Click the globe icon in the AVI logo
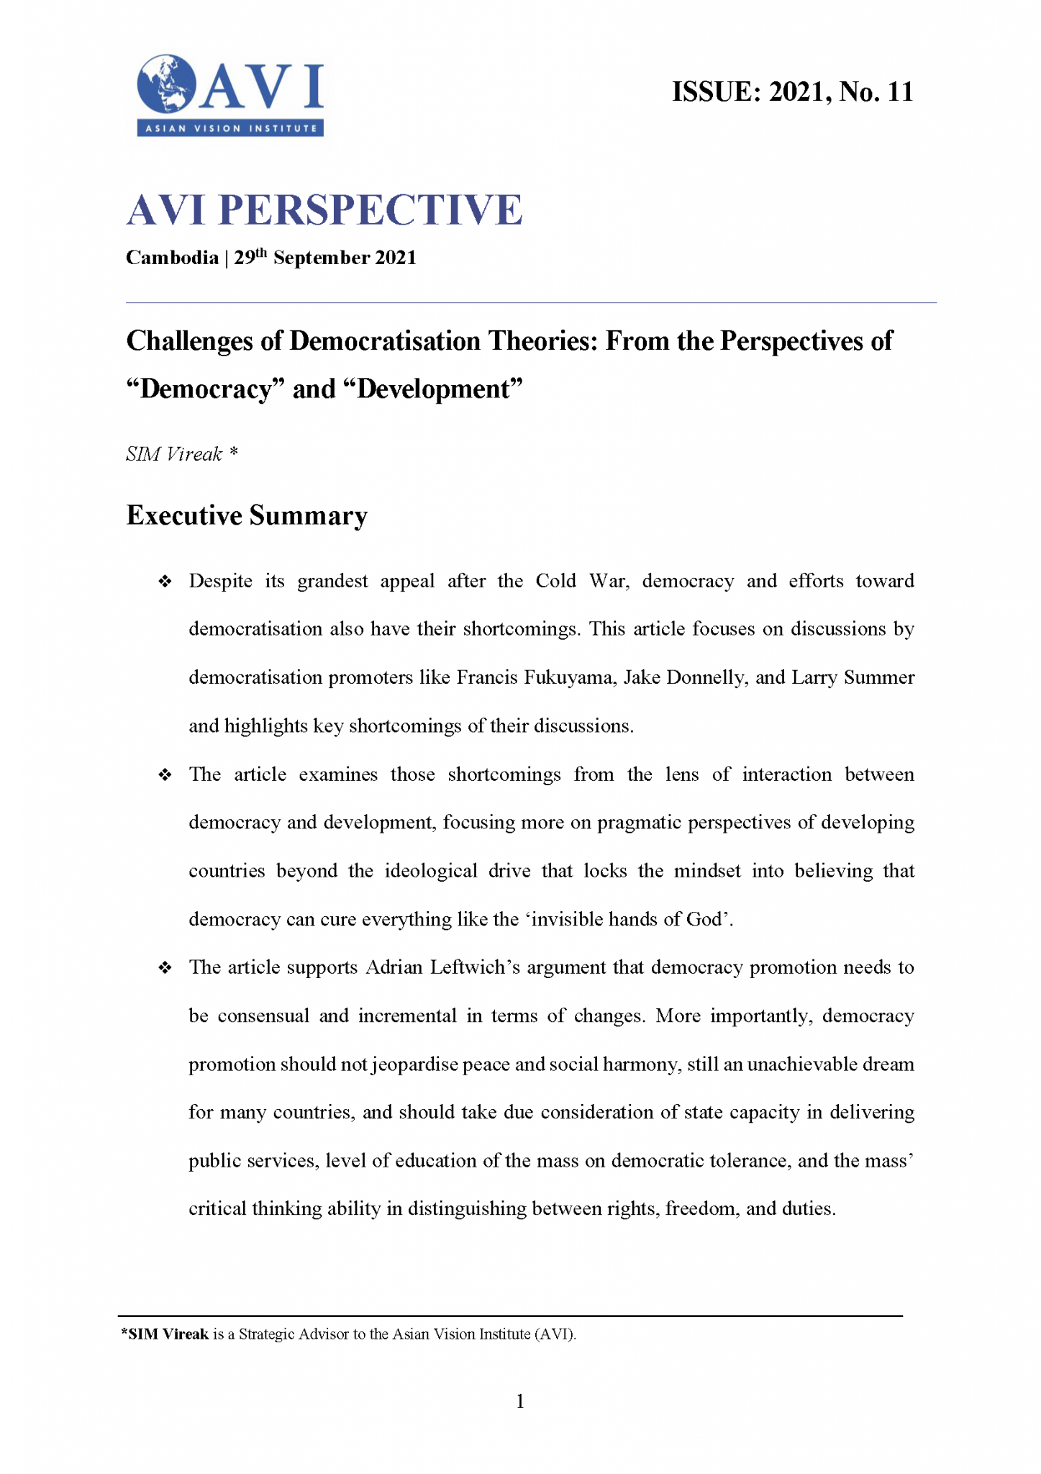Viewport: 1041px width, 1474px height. point(166,83)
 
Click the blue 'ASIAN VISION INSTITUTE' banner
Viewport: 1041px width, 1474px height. point(230,129)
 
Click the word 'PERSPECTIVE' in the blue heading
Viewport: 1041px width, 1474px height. point(370,210)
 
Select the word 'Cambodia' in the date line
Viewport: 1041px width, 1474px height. point(172,258)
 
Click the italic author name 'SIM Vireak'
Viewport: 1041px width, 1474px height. point(174,454)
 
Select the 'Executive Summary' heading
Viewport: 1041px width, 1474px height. point(247,516)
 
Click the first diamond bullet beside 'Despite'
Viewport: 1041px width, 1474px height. point(165,582)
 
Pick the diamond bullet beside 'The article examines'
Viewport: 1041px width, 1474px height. point(165,775)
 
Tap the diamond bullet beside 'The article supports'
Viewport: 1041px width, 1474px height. point(165,968)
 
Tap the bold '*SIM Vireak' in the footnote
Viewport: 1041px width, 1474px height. point(165,1334)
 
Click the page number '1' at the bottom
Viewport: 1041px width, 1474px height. point(520,1401)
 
